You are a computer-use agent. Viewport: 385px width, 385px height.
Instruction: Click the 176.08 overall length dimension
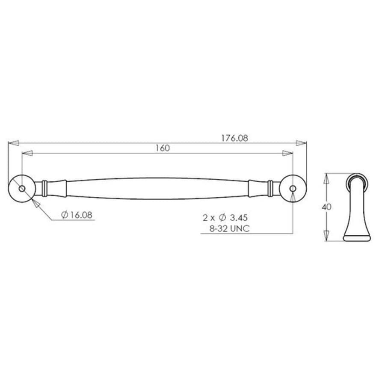234,138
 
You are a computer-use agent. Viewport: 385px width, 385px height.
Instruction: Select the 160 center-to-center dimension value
162,148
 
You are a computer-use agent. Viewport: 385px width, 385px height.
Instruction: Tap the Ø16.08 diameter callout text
77,215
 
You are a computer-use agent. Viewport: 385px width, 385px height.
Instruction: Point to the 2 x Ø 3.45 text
225,217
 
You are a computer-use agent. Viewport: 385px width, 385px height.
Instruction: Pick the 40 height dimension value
327,207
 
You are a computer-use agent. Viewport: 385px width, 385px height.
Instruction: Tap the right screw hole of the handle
293,189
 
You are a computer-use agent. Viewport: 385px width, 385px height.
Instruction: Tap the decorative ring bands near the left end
45,188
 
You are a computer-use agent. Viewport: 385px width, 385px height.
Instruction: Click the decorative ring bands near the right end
269,188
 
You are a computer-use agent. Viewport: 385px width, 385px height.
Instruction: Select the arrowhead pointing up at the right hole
293,196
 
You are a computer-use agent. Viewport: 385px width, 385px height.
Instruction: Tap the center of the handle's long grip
157,188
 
